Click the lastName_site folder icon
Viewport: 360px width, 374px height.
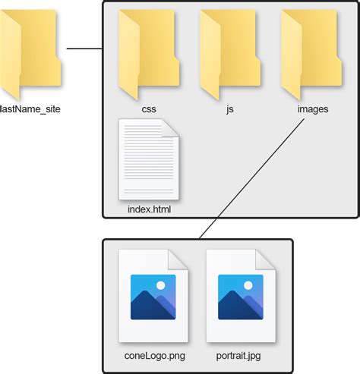tap(30, 55)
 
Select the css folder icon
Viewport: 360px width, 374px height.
tap(149, 55)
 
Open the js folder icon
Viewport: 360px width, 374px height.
tap(230, 55)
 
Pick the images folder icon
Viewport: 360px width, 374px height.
tap(311, 55)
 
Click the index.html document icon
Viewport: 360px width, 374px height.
tap(149, 159)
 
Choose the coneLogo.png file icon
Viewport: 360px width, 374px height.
tap(153, 296)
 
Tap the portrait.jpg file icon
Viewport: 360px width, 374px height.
tap(241, 296)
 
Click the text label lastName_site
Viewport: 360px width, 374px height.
tap(30, 109)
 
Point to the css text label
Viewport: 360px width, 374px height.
tap(149, 109)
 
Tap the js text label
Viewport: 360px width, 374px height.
tap(230, 109)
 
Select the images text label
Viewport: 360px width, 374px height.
tap(313, 109)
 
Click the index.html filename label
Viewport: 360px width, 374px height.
tap(150, 209)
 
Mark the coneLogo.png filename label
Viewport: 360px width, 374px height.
tap(155, 356)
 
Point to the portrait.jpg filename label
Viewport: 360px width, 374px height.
tap(238, 356)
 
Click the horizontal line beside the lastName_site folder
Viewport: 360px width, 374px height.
tap(84, 49)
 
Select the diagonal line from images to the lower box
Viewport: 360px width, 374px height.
tap(252, 178)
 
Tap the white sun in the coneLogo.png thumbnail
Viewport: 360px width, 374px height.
tap(161, 285)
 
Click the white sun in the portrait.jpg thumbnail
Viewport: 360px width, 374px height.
tap(248, 285)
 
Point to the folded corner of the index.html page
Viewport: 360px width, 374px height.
tap(170, 127)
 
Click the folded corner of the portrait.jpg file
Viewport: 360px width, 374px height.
tap(265, 259)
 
